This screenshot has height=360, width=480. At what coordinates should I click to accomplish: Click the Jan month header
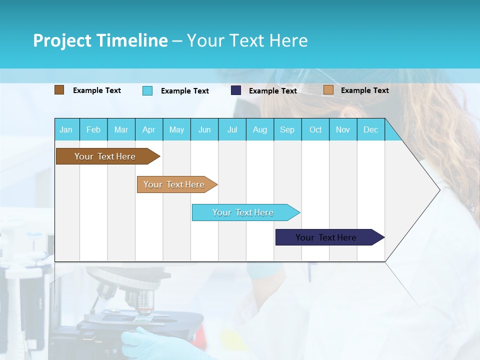[x=66, y=130]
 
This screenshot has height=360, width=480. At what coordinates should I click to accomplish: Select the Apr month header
[x=148, y=130]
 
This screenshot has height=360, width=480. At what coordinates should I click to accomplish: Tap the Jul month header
[x=232, y=130]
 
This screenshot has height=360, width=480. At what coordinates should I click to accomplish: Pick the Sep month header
[x=287, y=130]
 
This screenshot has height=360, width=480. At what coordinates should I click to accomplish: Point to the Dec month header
[x=370, y=130]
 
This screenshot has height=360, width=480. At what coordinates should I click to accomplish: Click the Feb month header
[x=93, y=130]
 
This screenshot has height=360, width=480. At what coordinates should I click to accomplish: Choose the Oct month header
[x=315, y=130]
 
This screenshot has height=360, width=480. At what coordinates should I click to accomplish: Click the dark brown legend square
[x=59, y=90]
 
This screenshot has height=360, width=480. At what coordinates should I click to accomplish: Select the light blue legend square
[x=147, y=90]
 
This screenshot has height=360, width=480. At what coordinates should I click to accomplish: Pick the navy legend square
[x=236, y=90]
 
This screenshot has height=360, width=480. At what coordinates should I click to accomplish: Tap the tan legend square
[x=328, y=90]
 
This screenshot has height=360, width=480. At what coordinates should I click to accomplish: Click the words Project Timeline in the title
[x=100, y=40]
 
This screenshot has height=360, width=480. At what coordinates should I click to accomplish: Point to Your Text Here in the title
[x=247, y=40]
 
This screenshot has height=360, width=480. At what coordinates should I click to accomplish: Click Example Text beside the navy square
[x=272, y=91]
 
